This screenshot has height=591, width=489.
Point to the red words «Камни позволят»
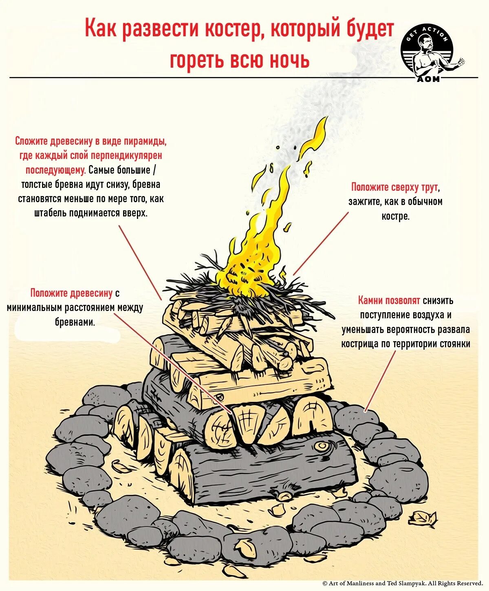[389, 301]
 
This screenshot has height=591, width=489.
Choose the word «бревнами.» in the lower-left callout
[75, 322]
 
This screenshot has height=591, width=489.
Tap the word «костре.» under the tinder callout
[395, 216]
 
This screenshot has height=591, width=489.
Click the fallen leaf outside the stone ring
[423, 518]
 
